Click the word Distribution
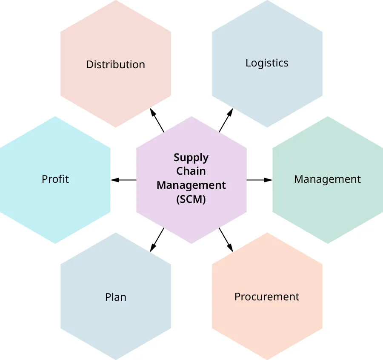point(115,64)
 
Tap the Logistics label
point(267,63)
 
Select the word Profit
point(55,179)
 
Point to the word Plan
point(116,297)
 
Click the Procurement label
point(267,297)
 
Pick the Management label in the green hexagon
point(327,179)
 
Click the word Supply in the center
point(191,158)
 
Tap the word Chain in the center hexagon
point(191,171)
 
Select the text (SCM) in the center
point(191,199)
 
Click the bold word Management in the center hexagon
point(191,185)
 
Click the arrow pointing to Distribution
point(157,120)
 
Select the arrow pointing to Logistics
point(226,120)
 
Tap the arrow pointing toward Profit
point(124,180)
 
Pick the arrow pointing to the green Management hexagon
point(259,180)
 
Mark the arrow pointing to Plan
point(157,240)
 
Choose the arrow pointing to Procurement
point(226,240)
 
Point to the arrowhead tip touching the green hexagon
point(271,180)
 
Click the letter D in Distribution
point(89,64)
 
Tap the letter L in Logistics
point(248,63)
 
